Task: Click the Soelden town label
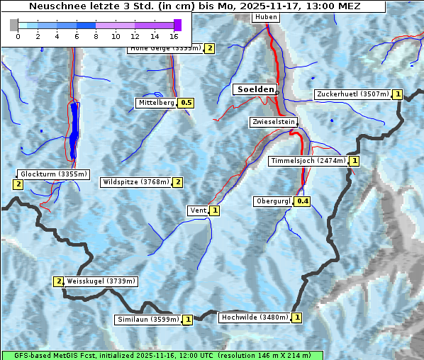[254, 89]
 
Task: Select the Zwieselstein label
[273, 123]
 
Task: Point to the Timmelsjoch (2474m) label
[308, 161]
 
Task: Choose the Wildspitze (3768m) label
[137, 182]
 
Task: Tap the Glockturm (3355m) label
[54, 174]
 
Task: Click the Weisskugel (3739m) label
[101, 281]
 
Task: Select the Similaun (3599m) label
[148, 320]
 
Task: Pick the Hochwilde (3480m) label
[255, 317]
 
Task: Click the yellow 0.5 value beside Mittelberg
[186, 103]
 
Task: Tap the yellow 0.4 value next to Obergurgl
[303, 201]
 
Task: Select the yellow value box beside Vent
[215, 210]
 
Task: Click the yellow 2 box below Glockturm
[18, 184]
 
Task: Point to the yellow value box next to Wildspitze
[178, 182]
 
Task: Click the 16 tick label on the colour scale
[174, 36]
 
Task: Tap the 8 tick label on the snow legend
[96, 36]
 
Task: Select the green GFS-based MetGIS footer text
[162, 355]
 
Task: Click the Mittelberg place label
[156, 103]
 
